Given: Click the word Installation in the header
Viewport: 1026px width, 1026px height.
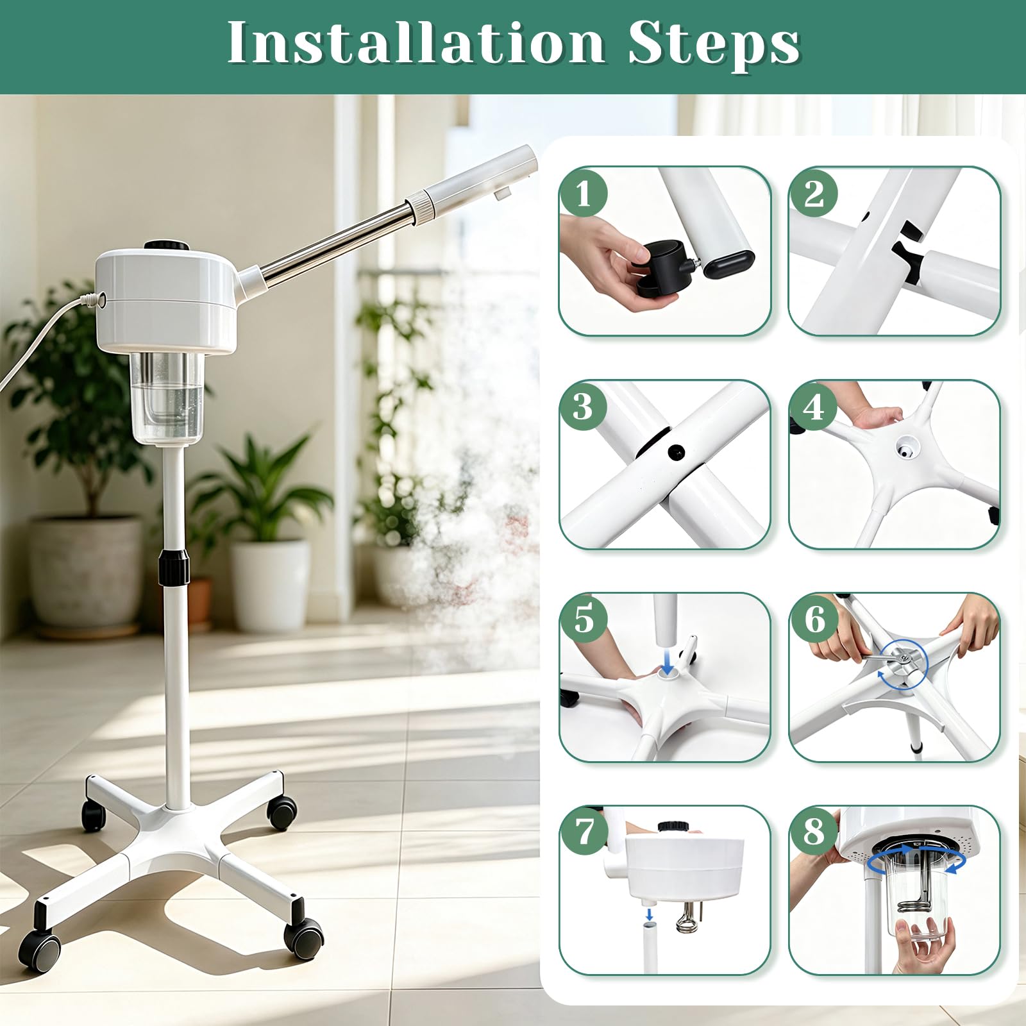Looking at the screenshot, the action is tap(416, 43).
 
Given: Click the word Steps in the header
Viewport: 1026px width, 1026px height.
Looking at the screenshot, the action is tap(714, 45).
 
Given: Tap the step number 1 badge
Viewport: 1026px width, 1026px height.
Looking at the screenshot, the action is tap(583, 193).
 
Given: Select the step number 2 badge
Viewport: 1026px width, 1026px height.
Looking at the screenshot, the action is tap(813, 193).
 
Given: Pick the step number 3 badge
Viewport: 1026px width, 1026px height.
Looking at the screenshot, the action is tap(583, 407).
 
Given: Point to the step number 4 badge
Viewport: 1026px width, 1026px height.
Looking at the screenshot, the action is tap(813, 407).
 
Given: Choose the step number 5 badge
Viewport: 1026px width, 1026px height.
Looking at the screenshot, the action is tap(583, 619).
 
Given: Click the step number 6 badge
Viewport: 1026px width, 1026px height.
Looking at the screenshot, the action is tap(813, 619).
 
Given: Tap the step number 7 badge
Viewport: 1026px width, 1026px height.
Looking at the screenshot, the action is tap(583, 832).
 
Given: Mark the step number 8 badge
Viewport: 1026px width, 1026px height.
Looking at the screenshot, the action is tap(813, 832).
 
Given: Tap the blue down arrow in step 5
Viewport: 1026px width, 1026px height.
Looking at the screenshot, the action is tap(668, 660).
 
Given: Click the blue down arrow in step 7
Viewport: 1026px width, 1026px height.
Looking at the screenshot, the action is tap(649, 913).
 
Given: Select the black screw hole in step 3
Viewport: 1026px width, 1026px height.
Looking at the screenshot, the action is tap(676, 453).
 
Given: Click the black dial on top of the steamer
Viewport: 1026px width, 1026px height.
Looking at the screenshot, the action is tap(166, 245).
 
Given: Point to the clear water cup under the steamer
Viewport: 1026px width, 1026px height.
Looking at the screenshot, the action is tap(167, 398).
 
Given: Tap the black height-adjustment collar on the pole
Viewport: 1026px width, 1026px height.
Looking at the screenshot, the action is tap(174, 568).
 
